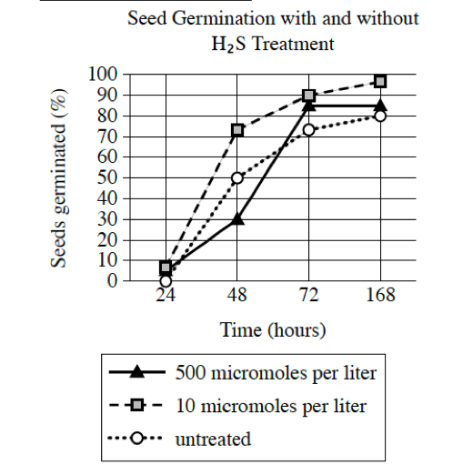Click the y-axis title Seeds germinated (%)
tap(58, 177)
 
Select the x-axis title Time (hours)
tap(272, 329)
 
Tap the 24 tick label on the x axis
tap(166, 298)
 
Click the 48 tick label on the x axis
tap(237, 298)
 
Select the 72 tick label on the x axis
tap(309, 298)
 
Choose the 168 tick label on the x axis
tap(380, 298)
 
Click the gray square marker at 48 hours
tap(237, 130)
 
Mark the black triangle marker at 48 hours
tap(237, 218)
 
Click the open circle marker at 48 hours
tap(237, 177)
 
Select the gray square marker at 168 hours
tap(380, 81)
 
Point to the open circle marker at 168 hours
tap(380, 116)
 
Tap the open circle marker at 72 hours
tap(309, 129)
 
